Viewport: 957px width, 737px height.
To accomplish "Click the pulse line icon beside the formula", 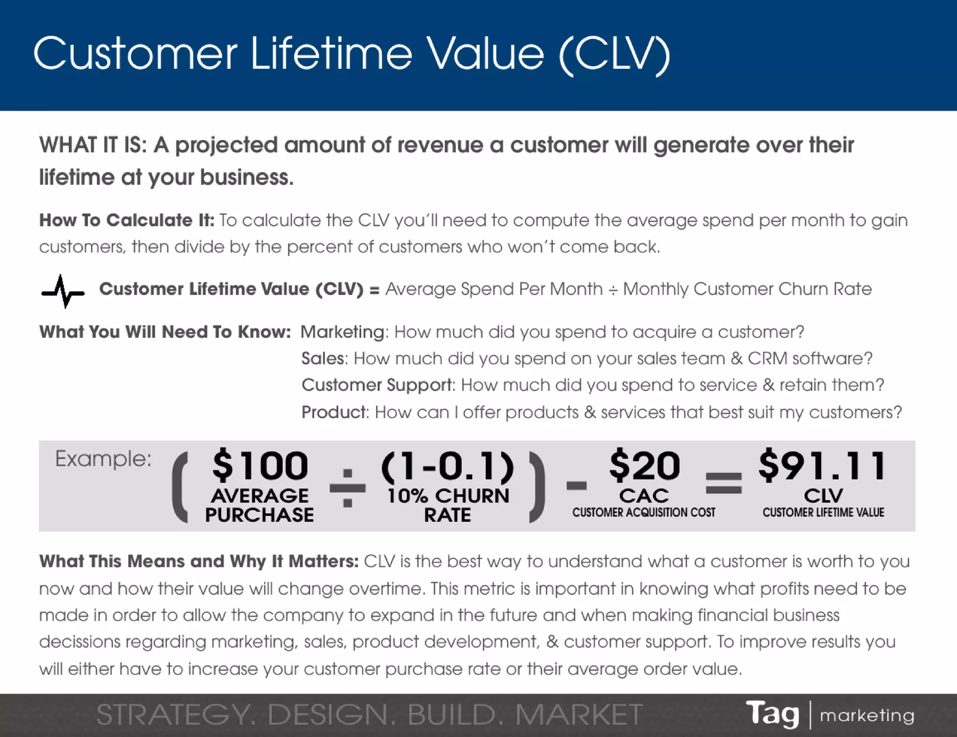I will pos(63,291).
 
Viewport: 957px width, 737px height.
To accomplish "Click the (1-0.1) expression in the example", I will pos(448,466).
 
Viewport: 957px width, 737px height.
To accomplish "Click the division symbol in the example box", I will pos(348,488).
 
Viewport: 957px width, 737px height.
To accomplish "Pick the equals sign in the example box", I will pos(723,483).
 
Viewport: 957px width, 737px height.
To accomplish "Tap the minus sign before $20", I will pos(577,486).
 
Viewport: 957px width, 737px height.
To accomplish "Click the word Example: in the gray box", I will pos(103,459).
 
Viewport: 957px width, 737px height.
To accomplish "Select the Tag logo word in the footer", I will pos(772,714).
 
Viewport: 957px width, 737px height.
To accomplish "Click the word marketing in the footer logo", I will pos(867,715).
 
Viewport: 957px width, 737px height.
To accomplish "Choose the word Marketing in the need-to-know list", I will pos(343,332).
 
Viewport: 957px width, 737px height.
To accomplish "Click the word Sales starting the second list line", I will pos(323,359).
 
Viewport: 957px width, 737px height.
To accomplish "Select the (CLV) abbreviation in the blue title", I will pos(614,55).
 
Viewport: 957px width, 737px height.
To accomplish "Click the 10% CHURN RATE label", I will pos(448,505).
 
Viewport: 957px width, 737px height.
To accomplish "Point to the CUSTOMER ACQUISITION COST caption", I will pos(643,512).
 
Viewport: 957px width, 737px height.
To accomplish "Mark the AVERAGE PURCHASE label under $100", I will pos(260,505).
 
